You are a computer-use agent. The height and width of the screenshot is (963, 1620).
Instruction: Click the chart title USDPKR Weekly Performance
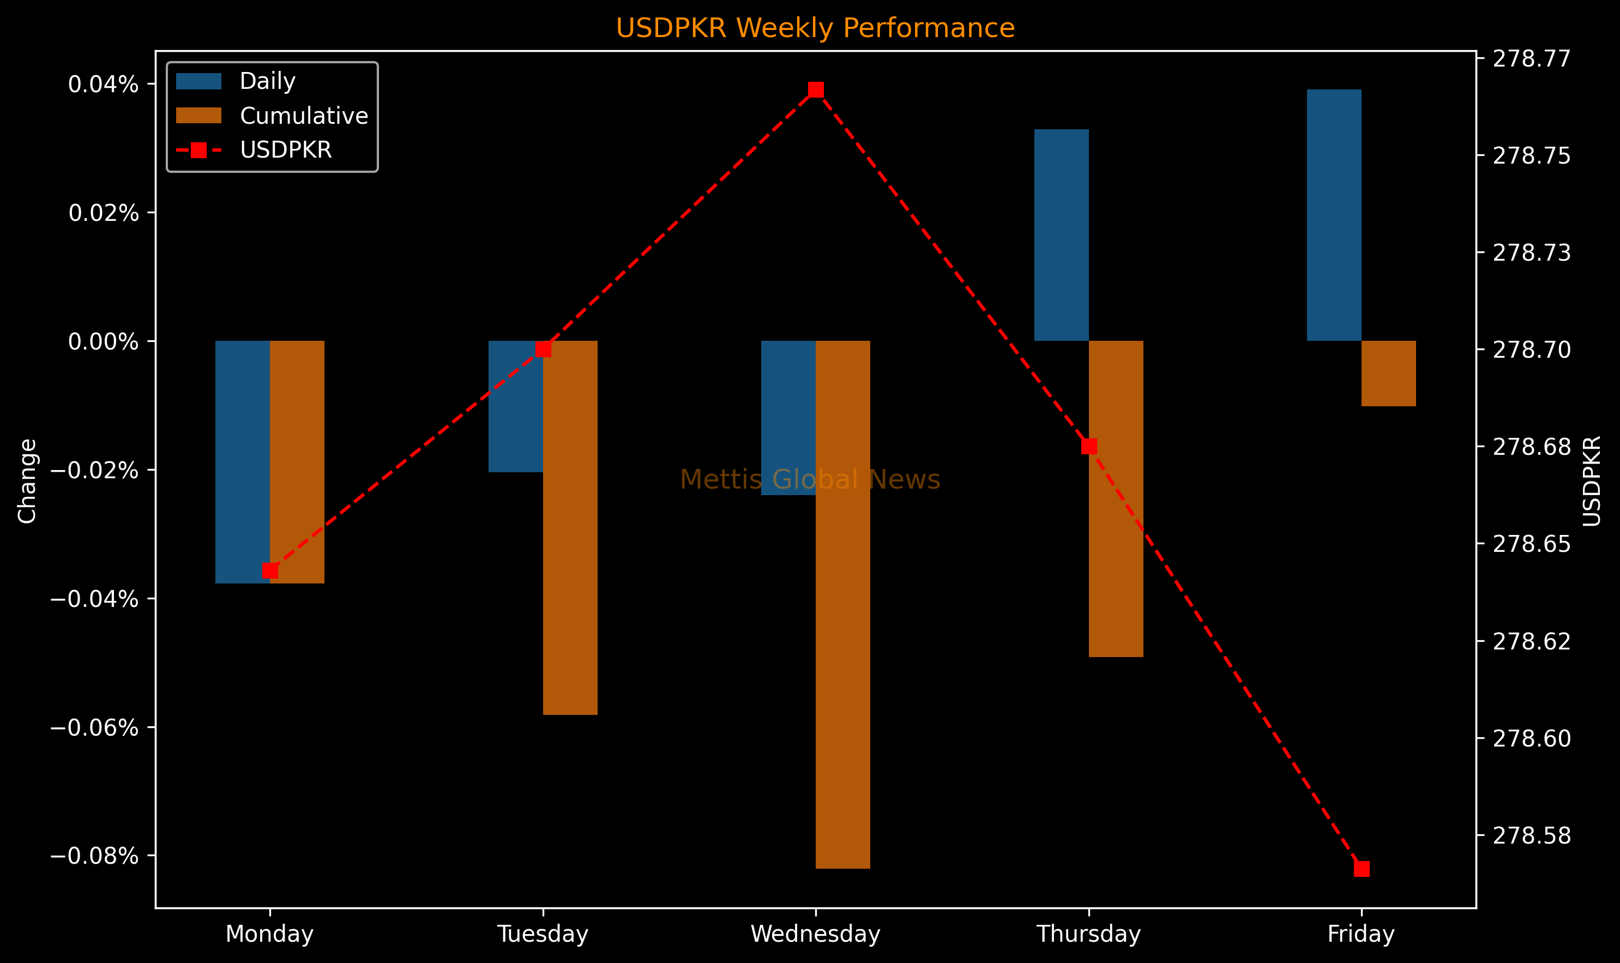[815, 28]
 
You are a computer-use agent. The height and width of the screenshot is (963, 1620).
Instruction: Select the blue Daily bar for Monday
[243, 462]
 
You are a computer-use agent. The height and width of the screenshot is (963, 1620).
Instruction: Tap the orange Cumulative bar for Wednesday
[843, 604]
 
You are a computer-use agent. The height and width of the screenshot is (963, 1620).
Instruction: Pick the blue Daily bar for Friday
[1334, 215]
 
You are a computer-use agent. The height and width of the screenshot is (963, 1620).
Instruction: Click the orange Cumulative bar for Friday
[1388, 373]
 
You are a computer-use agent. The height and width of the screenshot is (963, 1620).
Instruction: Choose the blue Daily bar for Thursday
[1062, 235]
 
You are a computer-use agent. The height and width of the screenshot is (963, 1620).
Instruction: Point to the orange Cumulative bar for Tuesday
[570, 527]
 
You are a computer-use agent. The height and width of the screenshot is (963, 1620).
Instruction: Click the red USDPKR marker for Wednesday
[816, 89]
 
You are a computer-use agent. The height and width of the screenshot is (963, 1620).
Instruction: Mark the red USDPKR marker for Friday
[1362, 869]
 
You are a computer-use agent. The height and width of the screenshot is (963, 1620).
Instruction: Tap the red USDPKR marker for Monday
[270, 570]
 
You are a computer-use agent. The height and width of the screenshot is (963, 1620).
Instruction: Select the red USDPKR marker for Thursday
[1089, 447]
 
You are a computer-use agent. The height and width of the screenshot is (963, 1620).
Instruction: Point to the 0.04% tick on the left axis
[104, 85]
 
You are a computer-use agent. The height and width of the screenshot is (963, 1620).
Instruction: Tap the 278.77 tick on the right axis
[1532, 59]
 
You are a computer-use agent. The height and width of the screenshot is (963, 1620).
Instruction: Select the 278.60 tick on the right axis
[1532, 738]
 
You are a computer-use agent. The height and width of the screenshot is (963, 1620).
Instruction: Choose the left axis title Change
[27, 481]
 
